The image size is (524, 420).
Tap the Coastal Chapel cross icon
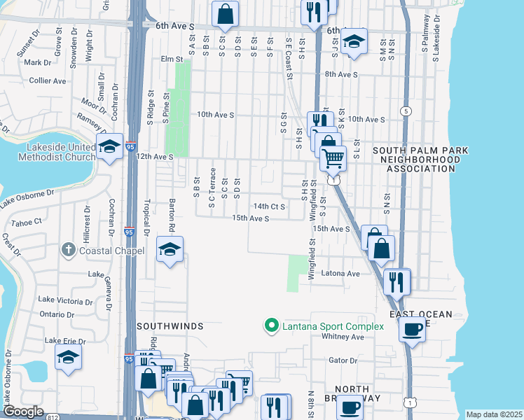tap(68, 249)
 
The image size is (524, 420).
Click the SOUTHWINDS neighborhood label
tap(170, 326)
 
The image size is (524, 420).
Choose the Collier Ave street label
tap(48, 80)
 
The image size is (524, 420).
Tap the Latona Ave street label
tap(340, 273)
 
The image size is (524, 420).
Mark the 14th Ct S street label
tap(270, 206)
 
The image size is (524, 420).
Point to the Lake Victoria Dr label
tap(66, 300)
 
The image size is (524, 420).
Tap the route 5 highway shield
tap(405, 111)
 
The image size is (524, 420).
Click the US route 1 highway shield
tap(410, 400)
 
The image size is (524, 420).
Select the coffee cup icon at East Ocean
tap(412, 328)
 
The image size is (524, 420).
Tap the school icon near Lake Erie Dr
tap(68, 357)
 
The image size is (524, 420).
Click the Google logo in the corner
tap(24, 412)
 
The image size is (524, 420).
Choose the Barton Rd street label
tap(170, 217)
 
